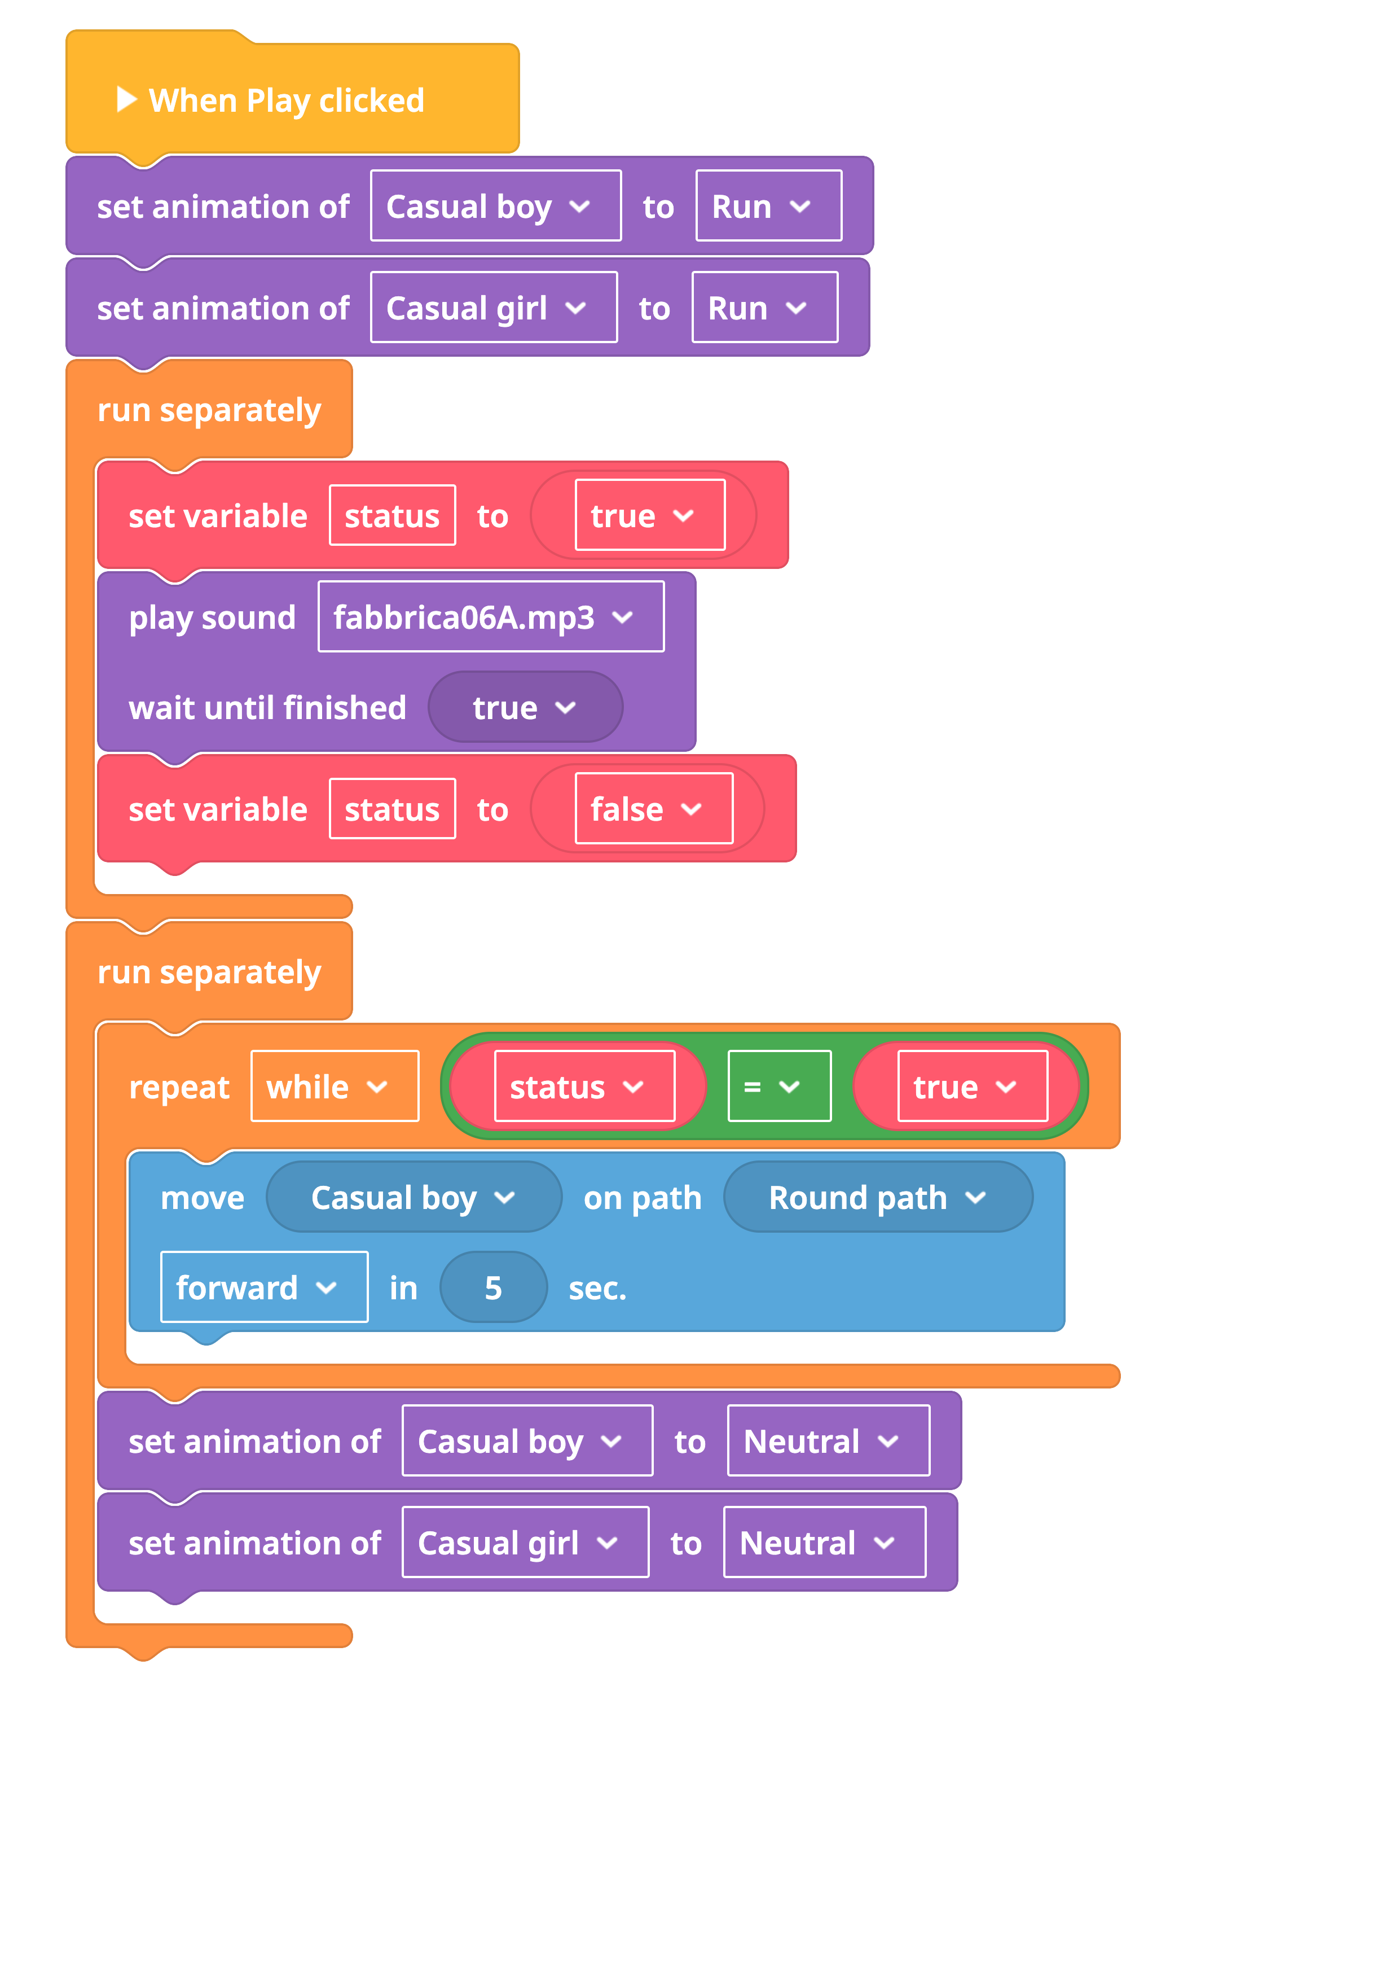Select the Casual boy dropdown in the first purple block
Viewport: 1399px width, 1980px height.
coord(496,206)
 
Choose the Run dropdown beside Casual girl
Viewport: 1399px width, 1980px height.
coord(764,308)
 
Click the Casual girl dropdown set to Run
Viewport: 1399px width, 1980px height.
coord(494,308)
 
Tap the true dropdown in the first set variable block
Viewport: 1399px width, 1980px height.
coord(650,516)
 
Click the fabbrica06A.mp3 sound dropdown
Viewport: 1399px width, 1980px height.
coord(491,617)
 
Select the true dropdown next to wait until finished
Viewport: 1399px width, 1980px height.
coord(526,708)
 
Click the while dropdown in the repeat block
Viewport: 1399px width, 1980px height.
coord(335,1087)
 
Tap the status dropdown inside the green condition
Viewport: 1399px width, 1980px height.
coord(584,1087)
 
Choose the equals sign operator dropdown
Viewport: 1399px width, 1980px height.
coord(779,1087)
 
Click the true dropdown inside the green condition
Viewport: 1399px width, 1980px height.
coord(973,1087)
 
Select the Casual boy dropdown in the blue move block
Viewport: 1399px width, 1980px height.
coord(413,1197)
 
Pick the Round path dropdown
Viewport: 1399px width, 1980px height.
coord(878,1197)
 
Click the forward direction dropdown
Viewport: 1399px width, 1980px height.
coord(265,1287)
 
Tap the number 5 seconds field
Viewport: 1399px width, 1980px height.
coord(493,1287)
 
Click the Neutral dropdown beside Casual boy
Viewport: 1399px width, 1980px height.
coord(828,1441)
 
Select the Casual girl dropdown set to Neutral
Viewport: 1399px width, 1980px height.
coord(526,1543)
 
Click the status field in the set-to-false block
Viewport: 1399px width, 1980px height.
coord(392,809)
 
